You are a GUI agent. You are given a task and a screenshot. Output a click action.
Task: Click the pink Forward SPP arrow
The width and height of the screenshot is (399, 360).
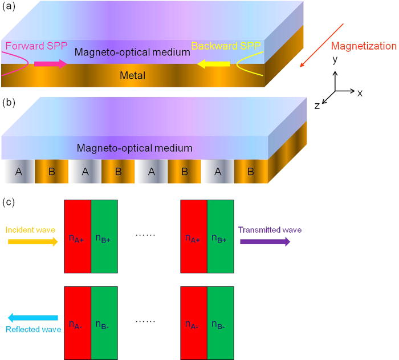coord(50,63)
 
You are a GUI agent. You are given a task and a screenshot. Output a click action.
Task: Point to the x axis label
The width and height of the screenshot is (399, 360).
coord(360,92)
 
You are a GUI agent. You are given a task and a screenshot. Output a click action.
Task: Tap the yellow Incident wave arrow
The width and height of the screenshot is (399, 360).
coord(32,242)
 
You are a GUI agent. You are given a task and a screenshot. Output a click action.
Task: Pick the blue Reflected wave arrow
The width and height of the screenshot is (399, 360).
coord(32,318)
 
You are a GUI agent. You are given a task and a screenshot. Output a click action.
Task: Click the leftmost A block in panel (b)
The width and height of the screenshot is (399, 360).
coord(18,172)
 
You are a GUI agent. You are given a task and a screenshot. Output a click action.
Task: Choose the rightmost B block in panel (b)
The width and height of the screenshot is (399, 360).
coord(251,172)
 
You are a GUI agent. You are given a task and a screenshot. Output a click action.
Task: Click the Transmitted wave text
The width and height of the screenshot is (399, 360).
coord(270,230)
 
